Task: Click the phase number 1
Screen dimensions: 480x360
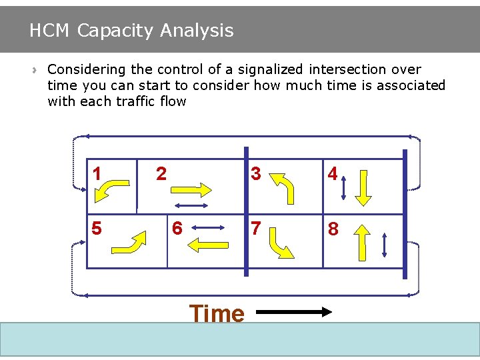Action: coord(97,174)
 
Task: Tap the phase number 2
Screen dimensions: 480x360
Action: coord(161,174)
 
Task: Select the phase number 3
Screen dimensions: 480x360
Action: coord(255,174)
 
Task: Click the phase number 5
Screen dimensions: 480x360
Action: coord(97,229)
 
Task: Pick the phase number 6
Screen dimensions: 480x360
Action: coord(177,229)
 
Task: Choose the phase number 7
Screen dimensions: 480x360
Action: coord(255,229)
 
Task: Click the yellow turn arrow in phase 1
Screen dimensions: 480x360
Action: coord(113,189)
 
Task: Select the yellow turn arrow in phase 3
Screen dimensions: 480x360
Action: coord(281,187)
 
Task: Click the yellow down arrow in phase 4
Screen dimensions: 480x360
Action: coord(363,187)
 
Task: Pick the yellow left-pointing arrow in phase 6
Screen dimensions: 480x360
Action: coord(209,245)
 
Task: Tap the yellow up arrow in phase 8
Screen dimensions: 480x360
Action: coord(362,241)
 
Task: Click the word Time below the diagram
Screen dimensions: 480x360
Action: coord(217,313)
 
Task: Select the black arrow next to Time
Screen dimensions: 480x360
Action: coord(294,311)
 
